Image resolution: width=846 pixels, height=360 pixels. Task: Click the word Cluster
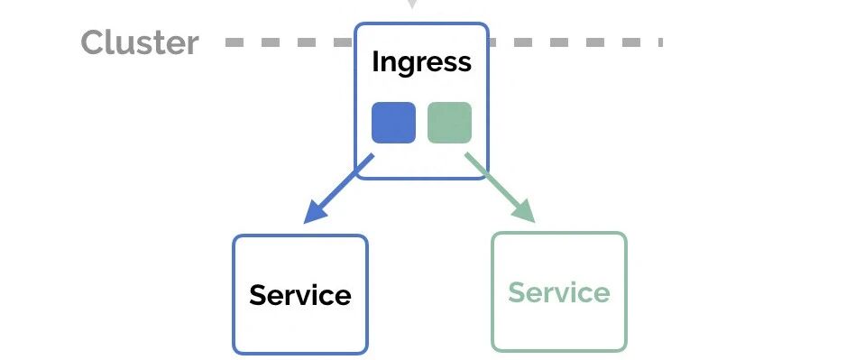140,42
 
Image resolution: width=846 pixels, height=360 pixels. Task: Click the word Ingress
421,62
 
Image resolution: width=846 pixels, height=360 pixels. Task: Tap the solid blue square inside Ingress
394,123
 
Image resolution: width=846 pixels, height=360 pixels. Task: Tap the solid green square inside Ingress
449,123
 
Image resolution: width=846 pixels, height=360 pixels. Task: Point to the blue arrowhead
317,210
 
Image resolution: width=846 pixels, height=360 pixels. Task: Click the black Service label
300,295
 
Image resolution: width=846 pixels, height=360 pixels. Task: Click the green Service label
559,292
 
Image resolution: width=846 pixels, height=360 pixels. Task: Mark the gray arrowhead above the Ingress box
412,5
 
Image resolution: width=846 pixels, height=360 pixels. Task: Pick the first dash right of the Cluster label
234,42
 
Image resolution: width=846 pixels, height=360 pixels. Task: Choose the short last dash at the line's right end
660,42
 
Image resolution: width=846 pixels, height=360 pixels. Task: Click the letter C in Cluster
92,42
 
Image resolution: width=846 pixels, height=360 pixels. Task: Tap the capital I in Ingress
375,61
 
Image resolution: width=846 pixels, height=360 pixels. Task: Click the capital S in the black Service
259,295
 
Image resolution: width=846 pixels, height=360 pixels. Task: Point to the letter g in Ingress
408,67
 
